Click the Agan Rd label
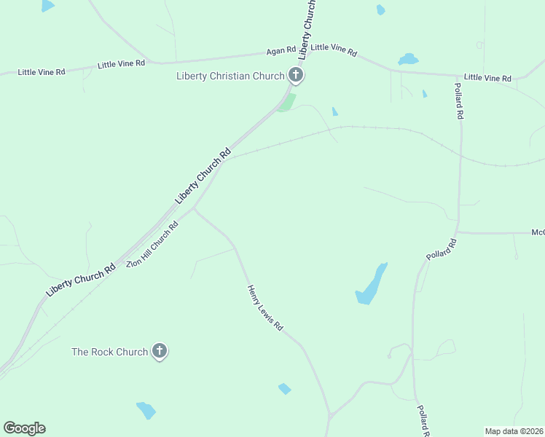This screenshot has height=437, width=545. pos(281,50)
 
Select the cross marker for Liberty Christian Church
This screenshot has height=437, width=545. pos(295,74)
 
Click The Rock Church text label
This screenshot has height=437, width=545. pos(109,352)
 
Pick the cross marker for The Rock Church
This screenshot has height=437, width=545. pos(160,352)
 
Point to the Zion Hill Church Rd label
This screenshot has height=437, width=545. pos(152,245)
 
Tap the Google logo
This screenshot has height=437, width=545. pos(24,428)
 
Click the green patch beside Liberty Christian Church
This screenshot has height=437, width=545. pos(288,103)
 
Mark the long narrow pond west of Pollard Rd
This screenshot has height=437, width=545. pos(371,284)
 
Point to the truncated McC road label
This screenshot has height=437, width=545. pos(538,232)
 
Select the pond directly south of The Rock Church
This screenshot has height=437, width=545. pos(146,410)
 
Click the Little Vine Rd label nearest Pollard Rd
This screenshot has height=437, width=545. pos(487,77)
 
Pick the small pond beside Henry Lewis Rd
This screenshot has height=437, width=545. pos(284,389)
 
